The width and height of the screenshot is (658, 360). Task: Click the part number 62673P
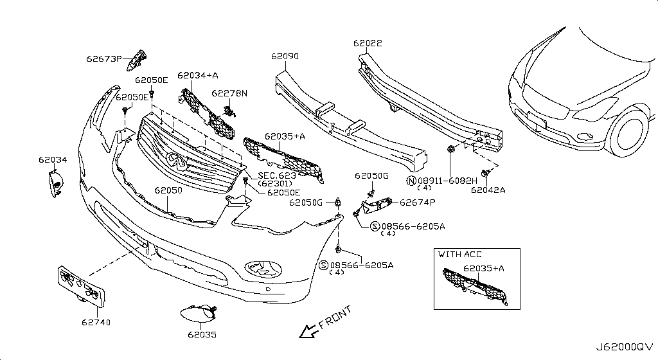click(x=103, y=59)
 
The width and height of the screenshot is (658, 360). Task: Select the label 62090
click(x=285, y=57)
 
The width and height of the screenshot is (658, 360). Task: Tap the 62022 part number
click(x=368, y=44)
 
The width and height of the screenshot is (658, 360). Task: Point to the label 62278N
click(x=229, y=93)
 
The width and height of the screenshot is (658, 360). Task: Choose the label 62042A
click(x=488, y=190)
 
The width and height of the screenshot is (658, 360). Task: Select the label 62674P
click(x=418, y=202)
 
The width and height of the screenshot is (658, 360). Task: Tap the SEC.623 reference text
click(x=277, y=175)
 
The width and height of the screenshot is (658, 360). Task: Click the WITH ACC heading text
click(x=459, y=255)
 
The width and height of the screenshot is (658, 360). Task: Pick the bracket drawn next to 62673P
click(x=138, y=60)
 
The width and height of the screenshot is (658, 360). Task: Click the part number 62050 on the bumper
click(x=168, y=191)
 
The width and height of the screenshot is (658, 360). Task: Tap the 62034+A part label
click(x=198, y=75)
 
